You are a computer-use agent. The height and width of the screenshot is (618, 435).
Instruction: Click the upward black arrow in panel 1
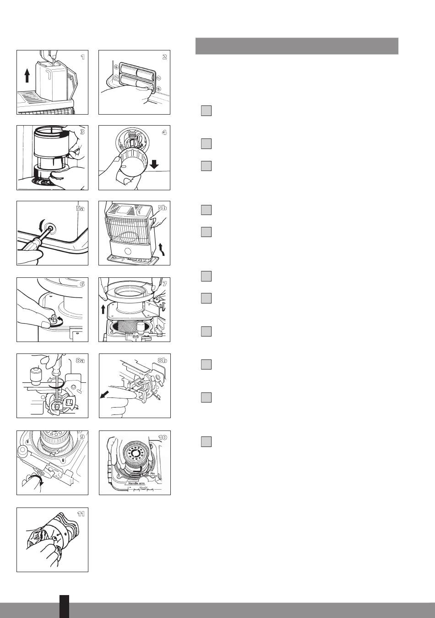tap(27, 75)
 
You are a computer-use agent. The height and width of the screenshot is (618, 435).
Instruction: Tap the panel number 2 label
tap(164, 57)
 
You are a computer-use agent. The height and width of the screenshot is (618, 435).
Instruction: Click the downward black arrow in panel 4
tap(155, 165)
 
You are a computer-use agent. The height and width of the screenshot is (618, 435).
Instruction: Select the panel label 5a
tap(80, 208)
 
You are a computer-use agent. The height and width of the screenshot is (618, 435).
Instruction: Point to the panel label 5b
tap(163, 208)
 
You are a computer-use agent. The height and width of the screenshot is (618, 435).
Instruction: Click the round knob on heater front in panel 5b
tap(128, 251)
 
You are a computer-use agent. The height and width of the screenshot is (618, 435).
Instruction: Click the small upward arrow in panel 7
tap(103, 309)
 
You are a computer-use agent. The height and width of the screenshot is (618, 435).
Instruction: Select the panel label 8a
tap(80, 360)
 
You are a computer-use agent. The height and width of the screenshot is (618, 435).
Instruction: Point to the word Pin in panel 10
tap(153, 473)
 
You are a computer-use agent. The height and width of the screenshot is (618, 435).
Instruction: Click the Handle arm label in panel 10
tap(136, 483)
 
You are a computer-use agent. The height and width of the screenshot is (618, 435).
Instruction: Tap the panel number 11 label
tap(81, 514)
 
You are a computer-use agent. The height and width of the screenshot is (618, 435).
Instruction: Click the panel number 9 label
tap(82, 436)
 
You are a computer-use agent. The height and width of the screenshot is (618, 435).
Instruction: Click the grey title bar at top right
tap(297, 46)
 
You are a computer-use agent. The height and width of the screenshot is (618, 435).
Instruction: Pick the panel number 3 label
tap(82, 132)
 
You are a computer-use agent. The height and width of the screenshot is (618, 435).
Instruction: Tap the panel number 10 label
tap(163, 437)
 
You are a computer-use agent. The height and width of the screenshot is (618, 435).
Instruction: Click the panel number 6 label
tap(82, 284)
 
